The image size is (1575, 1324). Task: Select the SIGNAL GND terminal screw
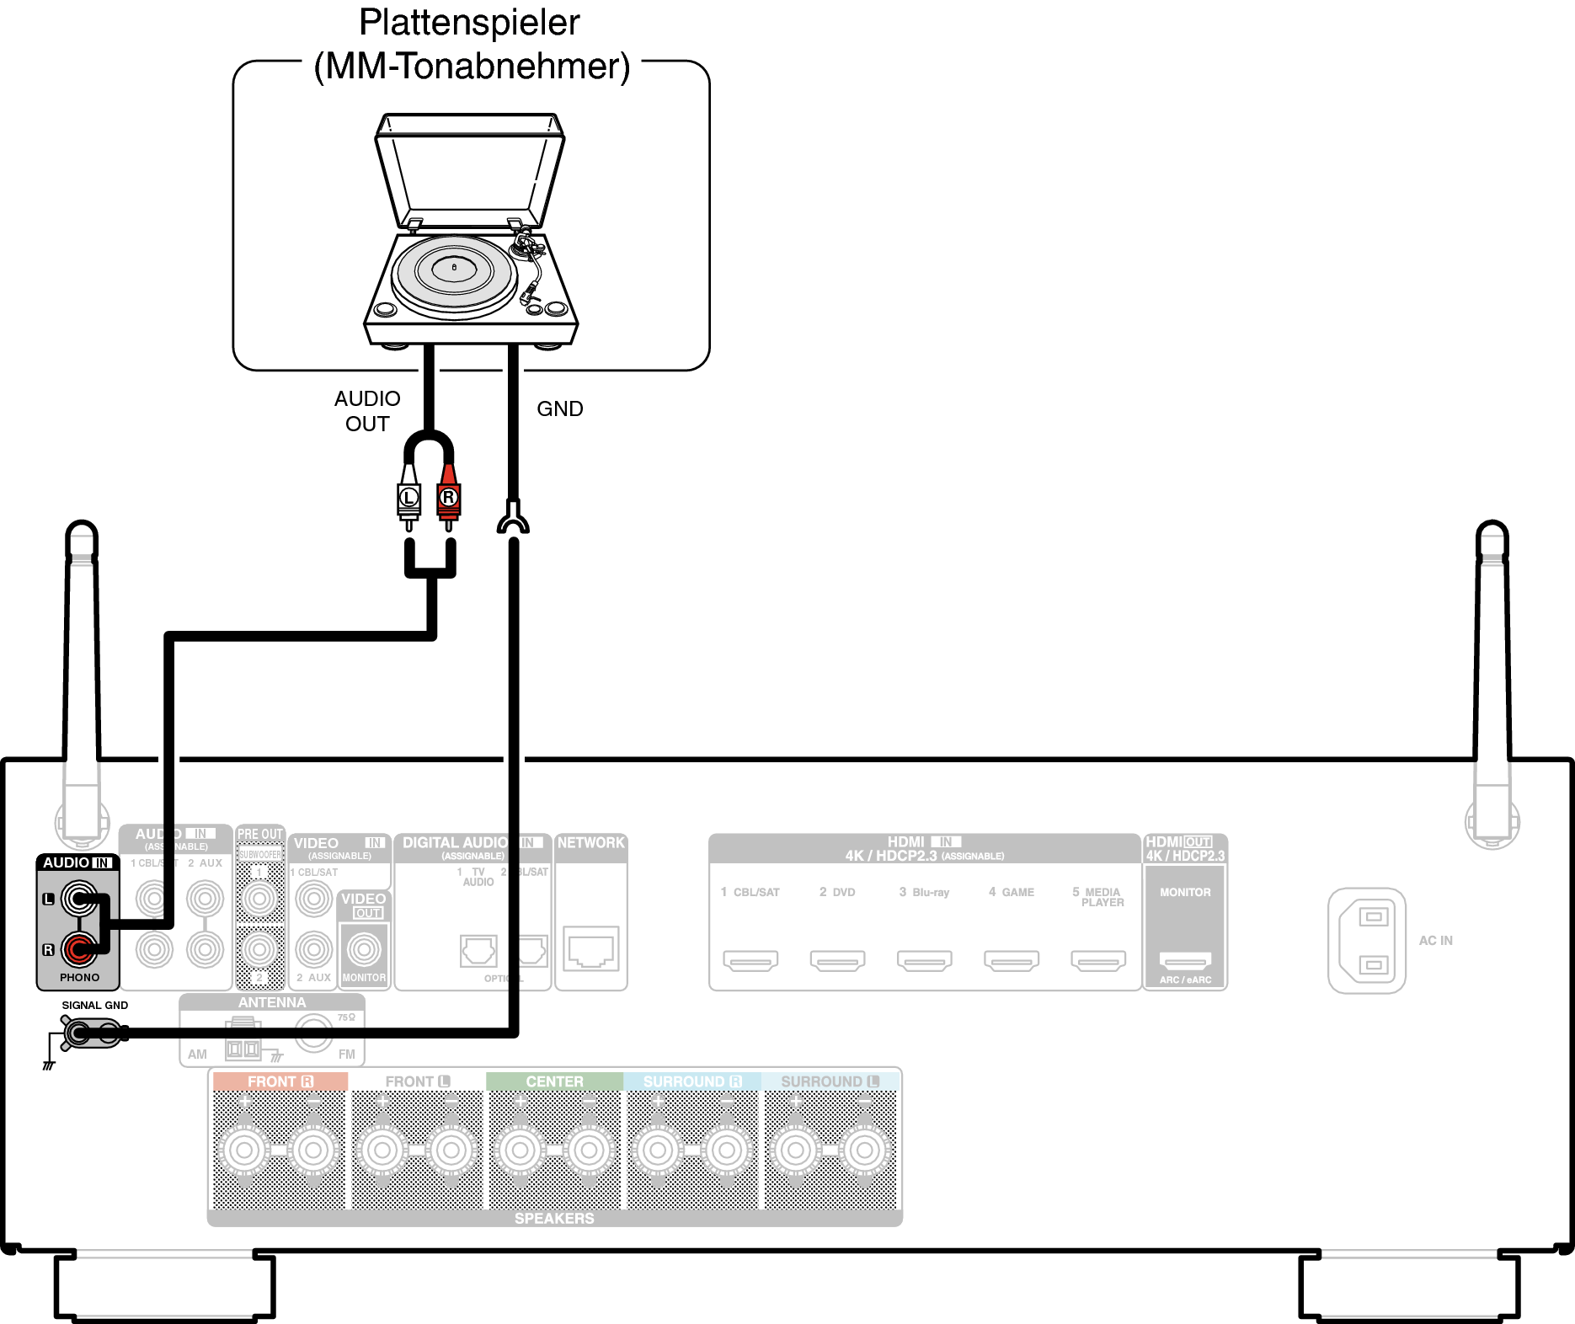point(78,1033)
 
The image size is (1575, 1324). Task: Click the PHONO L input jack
point(79,899)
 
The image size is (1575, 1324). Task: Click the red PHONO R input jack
point(79,950)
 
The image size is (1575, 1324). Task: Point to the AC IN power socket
point(1367,940)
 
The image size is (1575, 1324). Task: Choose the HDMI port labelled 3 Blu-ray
point(924,959)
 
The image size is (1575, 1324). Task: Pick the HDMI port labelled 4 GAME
point(1011,959)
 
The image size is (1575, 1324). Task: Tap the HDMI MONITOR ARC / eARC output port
point(1185,959)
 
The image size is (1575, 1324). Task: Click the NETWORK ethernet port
point(591,948)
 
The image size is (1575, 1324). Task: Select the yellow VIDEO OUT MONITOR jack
point(364,949)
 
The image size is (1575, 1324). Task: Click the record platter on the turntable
point(454,270)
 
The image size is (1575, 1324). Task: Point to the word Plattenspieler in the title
point(469,23)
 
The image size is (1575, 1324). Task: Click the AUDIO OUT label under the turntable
point(367,411)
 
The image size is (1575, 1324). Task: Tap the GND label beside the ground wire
point(560,409)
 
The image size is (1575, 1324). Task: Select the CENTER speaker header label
point(554,1081)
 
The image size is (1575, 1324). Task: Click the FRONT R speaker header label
point(280,1081)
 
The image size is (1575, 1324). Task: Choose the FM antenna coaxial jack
point(313,1033)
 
